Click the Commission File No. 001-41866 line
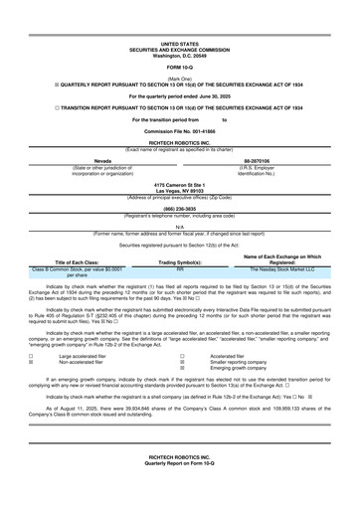(180, 132)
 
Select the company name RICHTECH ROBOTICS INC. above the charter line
(180, 144)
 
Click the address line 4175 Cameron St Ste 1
(180, 186)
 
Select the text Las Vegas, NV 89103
(180, 192)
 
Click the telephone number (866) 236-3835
(180, 210)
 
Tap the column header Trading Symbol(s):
(180, 261)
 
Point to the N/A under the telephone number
(180, 227)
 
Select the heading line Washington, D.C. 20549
(180, 54)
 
